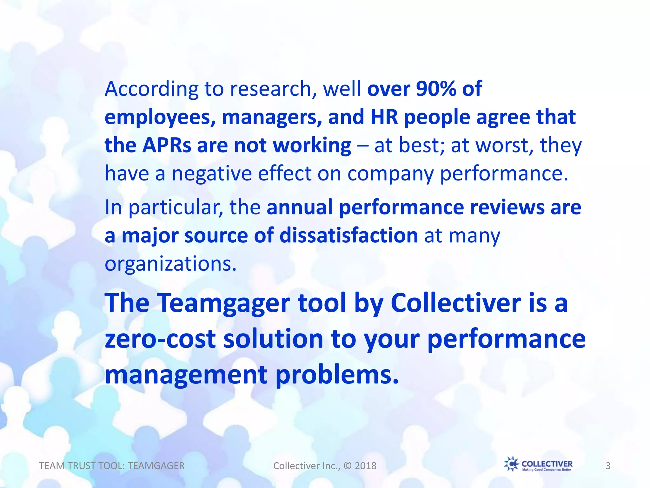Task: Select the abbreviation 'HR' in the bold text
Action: [384, 117]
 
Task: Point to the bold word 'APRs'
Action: [167, 146]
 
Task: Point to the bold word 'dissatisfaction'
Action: [348, 235]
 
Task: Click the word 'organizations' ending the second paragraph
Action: [170, 264]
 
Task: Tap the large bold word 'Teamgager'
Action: [223, 303]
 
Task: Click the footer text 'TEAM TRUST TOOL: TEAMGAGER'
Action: [112, 466]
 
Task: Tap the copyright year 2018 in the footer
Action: [365, 466]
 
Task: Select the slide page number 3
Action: [608, 466]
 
